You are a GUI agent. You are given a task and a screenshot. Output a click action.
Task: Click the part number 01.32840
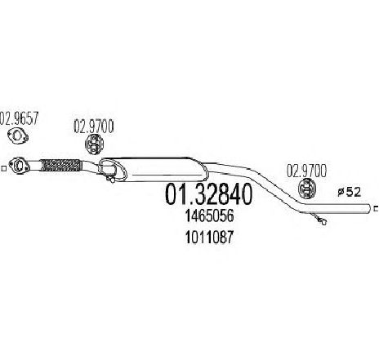208,194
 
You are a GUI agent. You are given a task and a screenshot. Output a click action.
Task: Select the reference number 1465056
209,216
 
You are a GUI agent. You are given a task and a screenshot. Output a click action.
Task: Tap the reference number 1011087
209,237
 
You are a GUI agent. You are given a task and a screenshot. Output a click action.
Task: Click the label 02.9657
19,118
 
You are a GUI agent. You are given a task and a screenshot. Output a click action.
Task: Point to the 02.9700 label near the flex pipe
94,127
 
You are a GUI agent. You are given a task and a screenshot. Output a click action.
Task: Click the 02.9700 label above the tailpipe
306,171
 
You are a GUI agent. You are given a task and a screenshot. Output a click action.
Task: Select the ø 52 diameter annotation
350,192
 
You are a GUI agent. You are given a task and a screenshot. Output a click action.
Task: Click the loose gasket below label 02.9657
18,136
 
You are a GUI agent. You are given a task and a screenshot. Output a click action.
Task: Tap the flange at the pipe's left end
19,166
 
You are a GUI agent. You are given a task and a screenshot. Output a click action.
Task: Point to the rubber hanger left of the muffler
94,144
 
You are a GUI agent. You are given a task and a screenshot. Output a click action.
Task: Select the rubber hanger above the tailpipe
307,189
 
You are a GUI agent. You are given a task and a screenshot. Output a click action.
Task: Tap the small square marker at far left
3,168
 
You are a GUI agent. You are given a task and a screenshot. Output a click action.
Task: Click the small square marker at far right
377,209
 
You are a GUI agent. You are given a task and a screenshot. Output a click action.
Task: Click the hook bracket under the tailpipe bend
319,219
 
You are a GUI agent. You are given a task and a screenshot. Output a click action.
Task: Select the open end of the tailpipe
369,208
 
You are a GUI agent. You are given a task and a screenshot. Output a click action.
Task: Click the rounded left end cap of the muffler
112,168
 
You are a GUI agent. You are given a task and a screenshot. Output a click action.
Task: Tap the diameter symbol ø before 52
341,193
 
